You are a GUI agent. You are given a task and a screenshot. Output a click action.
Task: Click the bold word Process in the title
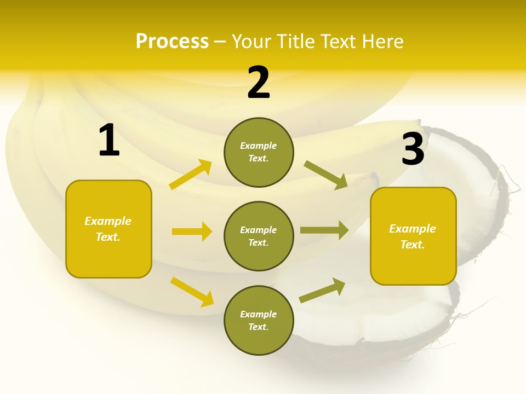point(172,42)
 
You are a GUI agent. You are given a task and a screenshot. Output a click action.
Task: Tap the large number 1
point(109,141)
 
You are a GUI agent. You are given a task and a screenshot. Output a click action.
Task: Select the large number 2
point(259,83)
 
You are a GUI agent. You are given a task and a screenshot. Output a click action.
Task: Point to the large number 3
point(413,149)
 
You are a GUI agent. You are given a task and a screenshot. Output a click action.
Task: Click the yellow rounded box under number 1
point(108,229)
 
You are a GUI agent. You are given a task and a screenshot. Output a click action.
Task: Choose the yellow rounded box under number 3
point(413,236)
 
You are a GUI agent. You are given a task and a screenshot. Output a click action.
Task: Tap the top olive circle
point(259,152)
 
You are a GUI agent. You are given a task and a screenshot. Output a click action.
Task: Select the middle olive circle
point(259,236)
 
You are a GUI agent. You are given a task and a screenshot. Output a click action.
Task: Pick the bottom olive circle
point(259,320)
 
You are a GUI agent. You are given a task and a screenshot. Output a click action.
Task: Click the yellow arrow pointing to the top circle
point(191,175)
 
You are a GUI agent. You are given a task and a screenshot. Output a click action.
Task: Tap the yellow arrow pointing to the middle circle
point(192,231)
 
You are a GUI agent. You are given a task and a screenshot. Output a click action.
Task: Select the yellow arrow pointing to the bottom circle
point(192,292)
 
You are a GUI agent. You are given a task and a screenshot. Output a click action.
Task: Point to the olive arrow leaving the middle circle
point(324,230)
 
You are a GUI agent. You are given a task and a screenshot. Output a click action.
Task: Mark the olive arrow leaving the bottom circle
point(322,291)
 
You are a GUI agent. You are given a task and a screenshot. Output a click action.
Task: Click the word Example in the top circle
point(259,146)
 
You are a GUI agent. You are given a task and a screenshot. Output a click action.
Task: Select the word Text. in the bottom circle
point(259,327)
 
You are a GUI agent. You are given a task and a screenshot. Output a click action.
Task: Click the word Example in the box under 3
point(413,229)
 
